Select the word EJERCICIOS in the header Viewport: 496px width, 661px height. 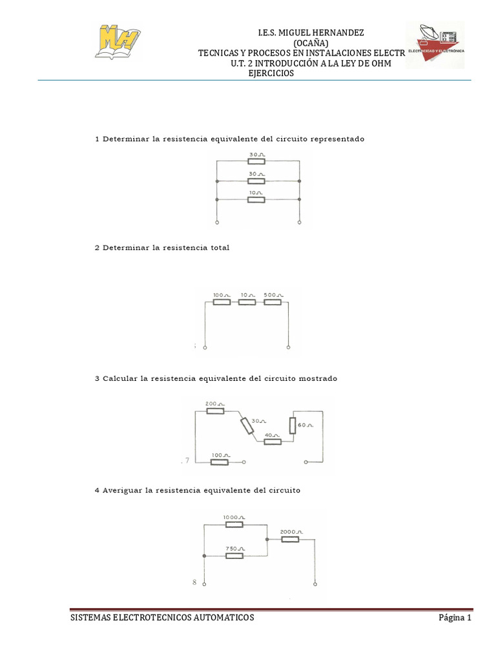(271, 74)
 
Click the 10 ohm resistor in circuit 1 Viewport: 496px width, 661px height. (256, 199)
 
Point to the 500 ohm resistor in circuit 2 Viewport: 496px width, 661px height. (273, 301)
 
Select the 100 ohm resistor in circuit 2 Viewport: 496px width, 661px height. (222, 301)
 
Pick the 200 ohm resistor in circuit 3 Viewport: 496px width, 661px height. (215, 410)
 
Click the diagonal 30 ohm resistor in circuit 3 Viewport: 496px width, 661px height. (247, 425)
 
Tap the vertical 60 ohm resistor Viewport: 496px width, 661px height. (293, 425)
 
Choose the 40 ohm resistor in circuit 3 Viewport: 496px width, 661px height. (273, 442)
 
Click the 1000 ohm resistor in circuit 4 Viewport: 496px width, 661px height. (233, 524)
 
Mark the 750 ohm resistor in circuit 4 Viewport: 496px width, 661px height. (234, 555)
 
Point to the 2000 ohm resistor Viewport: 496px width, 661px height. (290, 538)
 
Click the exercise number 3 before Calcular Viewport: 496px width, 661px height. (97, 379)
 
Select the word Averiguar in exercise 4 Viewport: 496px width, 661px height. (123, 491)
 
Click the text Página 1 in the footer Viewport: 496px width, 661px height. (455, 618)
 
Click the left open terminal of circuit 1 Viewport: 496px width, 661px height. (217, 223)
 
